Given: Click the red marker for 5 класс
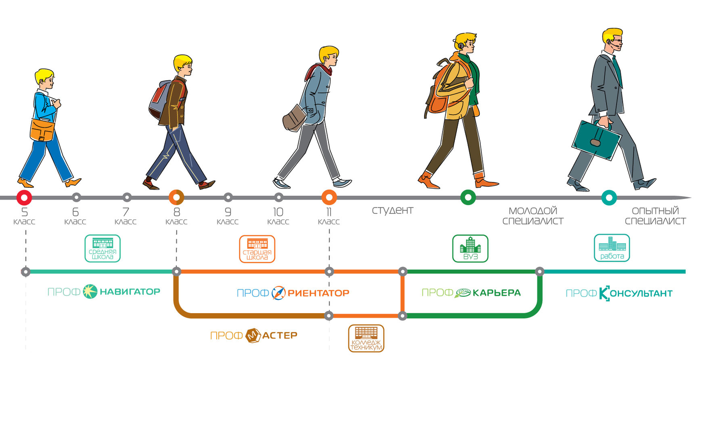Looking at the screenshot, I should pyautogui.click(x=24, y=198).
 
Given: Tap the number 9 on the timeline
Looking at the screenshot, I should pyautogui.click(x=228, y=212).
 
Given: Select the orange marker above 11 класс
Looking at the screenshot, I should pyautogui.click(x=329, y=198).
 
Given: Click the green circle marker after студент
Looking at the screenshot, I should pyautogui.click(x=468, y=198).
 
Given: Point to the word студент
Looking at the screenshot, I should pyautogui.click(x=392, y=210).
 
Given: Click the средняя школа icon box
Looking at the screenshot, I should pyautogui.click(x=103, y=249).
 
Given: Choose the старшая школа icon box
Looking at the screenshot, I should pyautogui.click(x=257, y=249).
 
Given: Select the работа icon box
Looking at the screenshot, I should pyautogui.click(x=612, y=248).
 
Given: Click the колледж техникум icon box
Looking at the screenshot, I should pyautogui.click(x=366, y=338).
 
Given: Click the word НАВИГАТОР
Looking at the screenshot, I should pyautogui.click(x=130, y=292).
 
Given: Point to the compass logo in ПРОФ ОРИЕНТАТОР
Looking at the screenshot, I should pyautogui.click(x=279, y=293).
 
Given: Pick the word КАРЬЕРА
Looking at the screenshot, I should pyautogui.click(x=496, y=293).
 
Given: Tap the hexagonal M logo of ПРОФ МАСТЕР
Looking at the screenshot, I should pyautogui.click(x=253, y=335).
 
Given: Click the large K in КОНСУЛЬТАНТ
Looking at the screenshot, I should pyautogui.click(x=604, y=293).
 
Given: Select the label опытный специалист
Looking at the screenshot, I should pyautogui.click(x=655, y=215).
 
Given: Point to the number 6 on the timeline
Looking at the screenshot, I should pyautogui.click(x=75, y=212).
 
